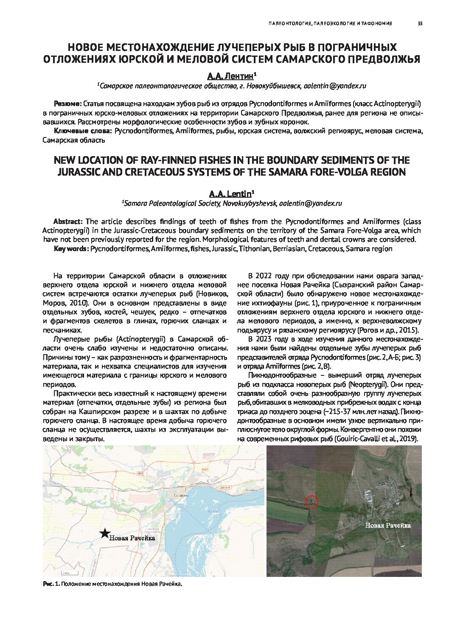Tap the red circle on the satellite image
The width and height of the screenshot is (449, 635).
(x=312, y=501)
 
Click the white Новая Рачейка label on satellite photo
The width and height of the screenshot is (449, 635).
(x=388, y=525)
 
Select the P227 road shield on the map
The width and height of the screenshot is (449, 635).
(x=205, y=469)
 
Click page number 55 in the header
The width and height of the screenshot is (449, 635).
(x=420, y=24)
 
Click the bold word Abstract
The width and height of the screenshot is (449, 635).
(x=68, y=221)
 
